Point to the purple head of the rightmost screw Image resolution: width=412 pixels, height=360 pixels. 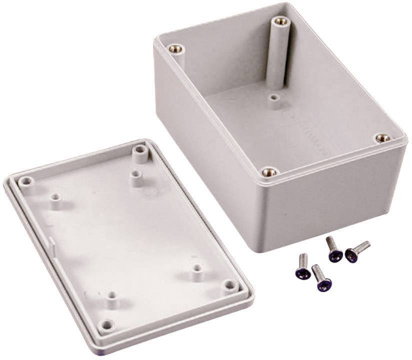pos(351,256)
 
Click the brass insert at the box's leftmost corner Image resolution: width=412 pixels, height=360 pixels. pos(175,48)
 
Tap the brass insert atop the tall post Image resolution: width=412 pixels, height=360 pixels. pos(278,21)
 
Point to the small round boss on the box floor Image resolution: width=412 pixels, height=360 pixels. pos(273,98)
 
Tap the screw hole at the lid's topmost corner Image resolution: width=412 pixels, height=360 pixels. pos(138,149)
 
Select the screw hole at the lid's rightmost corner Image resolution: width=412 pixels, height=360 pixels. pos(230,284)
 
